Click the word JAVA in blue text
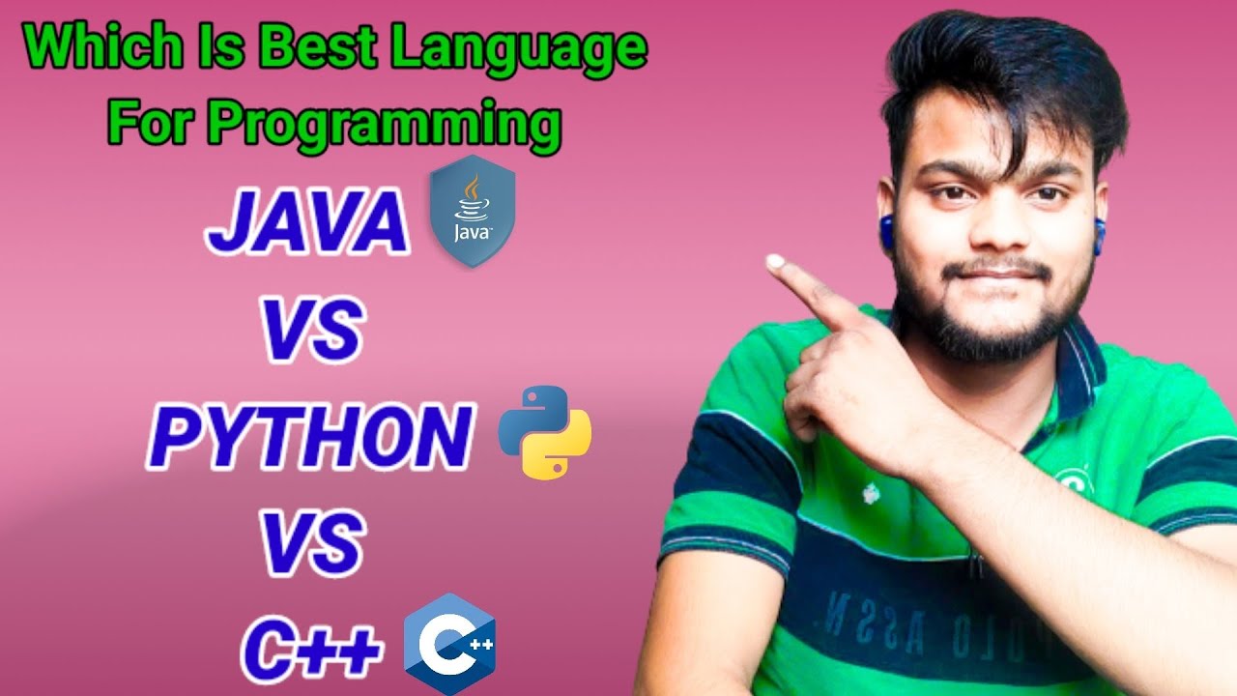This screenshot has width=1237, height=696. pos(307,224)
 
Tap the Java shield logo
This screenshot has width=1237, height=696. pos(472,211)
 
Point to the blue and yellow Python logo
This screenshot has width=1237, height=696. pos(544,432)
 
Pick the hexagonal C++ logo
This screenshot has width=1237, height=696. pos(449,644)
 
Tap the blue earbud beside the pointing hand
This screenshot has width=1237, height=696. pos(885,233)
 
